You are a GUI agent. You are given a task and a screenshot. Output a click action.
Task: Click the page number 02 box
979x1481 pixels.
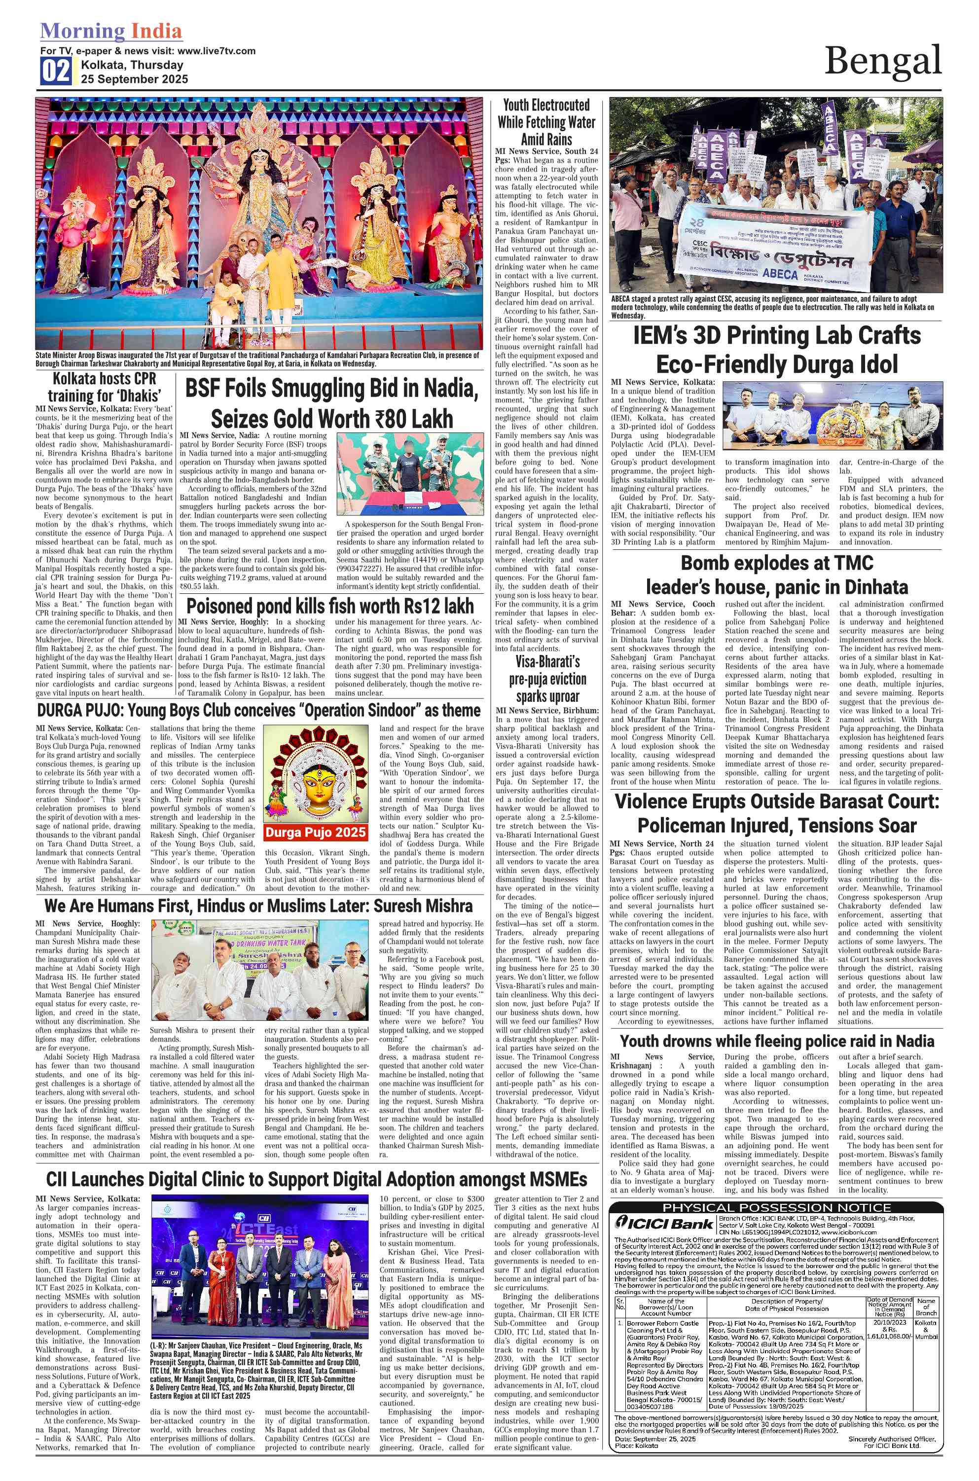point(56,71)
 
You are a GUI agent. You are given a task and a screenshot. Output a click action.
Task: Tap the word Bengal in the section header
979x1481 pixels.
point(882,61)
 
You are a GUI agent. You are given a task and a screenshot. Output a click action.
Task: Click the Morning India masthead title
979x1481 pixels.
point(111,31)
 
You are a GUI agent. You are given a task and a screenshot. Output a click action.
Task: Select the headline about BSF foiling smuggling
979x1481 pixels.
point(331,403)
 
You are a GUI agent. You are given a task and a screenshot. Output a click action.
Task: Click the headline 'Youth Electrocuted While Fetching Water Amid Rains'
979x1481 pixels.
point(546,122)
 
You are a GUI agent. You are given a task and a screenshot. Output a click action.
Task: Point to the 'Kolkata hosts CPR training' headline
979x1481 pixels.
point(104,387)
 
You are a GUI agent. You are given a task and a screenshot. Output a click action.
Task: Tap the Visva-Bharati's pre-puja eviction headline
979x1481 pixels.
point(547,679)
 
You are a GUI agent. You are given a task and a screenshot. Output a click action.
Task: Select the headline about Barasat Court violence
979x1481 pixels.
point(777,813)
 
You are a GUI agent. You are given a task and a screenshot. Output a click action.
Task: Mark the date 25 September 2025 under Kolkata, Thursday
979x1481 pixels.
point(134,79)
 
